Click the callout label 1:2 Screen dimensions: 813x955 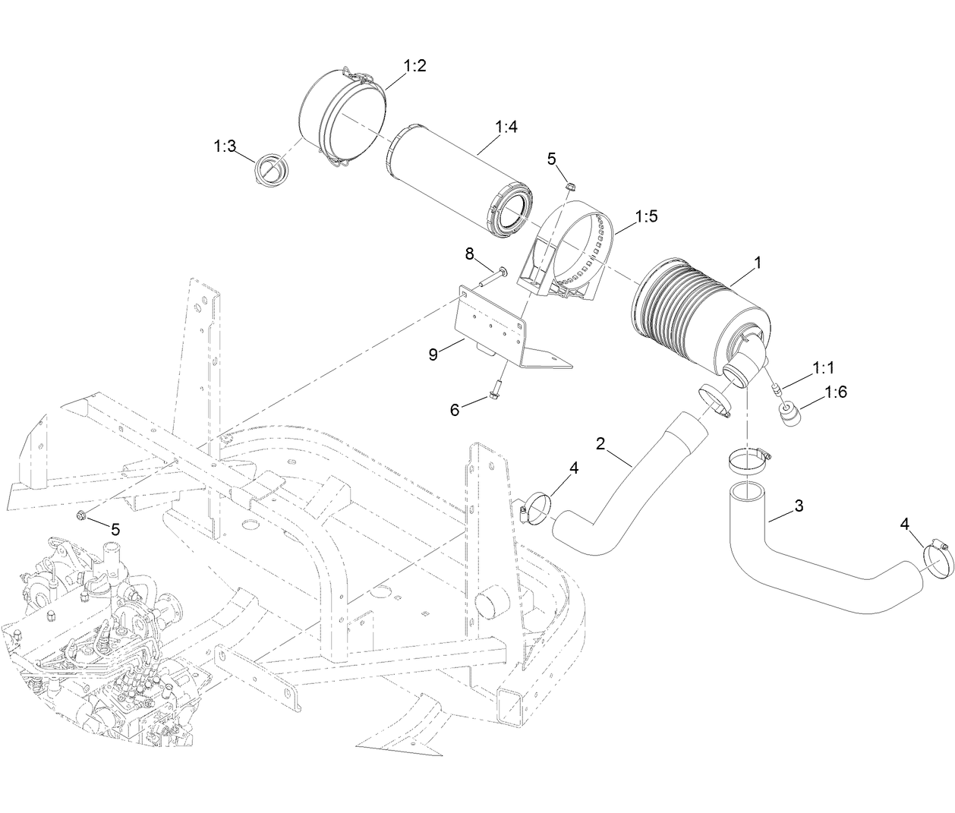(x=414, y=66)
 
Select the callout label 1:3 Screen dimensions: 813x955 (x=225, y=146)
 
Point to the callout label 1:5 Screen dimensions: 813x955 (x=646, y=216)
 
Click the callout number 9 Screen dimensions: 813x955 (x=433, y=354)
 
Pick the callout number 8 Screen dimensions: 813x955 (x=469, y=254)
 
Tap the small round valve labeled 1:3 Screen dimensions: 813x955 (x=271, y=168)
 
